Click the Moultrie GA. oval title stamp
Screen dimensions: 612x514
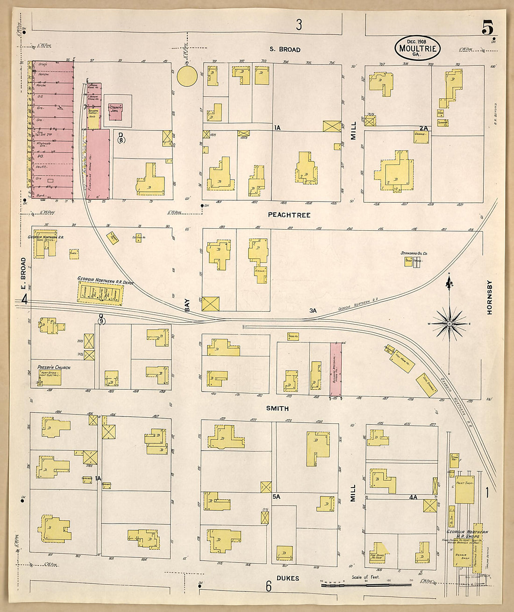pyautogui.click(x=418, y=48)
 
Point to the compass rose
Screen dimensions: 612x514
pyautogui.click(x=449, y=323)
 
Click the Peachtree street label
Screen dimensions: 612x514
pyautogui.click(x=289, y=215)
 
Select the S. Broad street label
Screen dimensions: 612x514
pyautogui.click(x=285, y=49)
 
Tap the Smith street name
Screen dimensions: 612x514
pyautogui.click(x=277, y=408)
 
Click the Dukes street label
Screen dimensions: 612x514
pyautogui.click(x=288, y=578)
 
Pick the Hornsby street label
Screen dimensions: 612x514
pyautogui.click(x=490, y=297)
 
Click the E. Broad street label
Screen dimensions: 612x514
pyautogui.click(x=23, y=274)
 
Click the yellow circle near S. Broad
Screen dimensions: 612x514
pyautogui.click(x=187, y=76)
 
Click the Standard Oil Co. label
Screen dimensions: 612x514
pyautogui.click(x=414, y=253)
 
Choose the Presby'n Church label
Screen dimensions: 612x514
pyautogui.click(x=51, y=368)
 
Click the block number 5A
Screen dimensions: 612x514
pyautogui.click(x=276, y=497)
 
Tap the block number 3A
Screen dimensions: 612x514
pyautogui.click(x=313, y=310)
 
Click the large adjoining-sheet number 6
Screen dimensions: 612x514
pyautogui.click(x=269, y=586)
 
